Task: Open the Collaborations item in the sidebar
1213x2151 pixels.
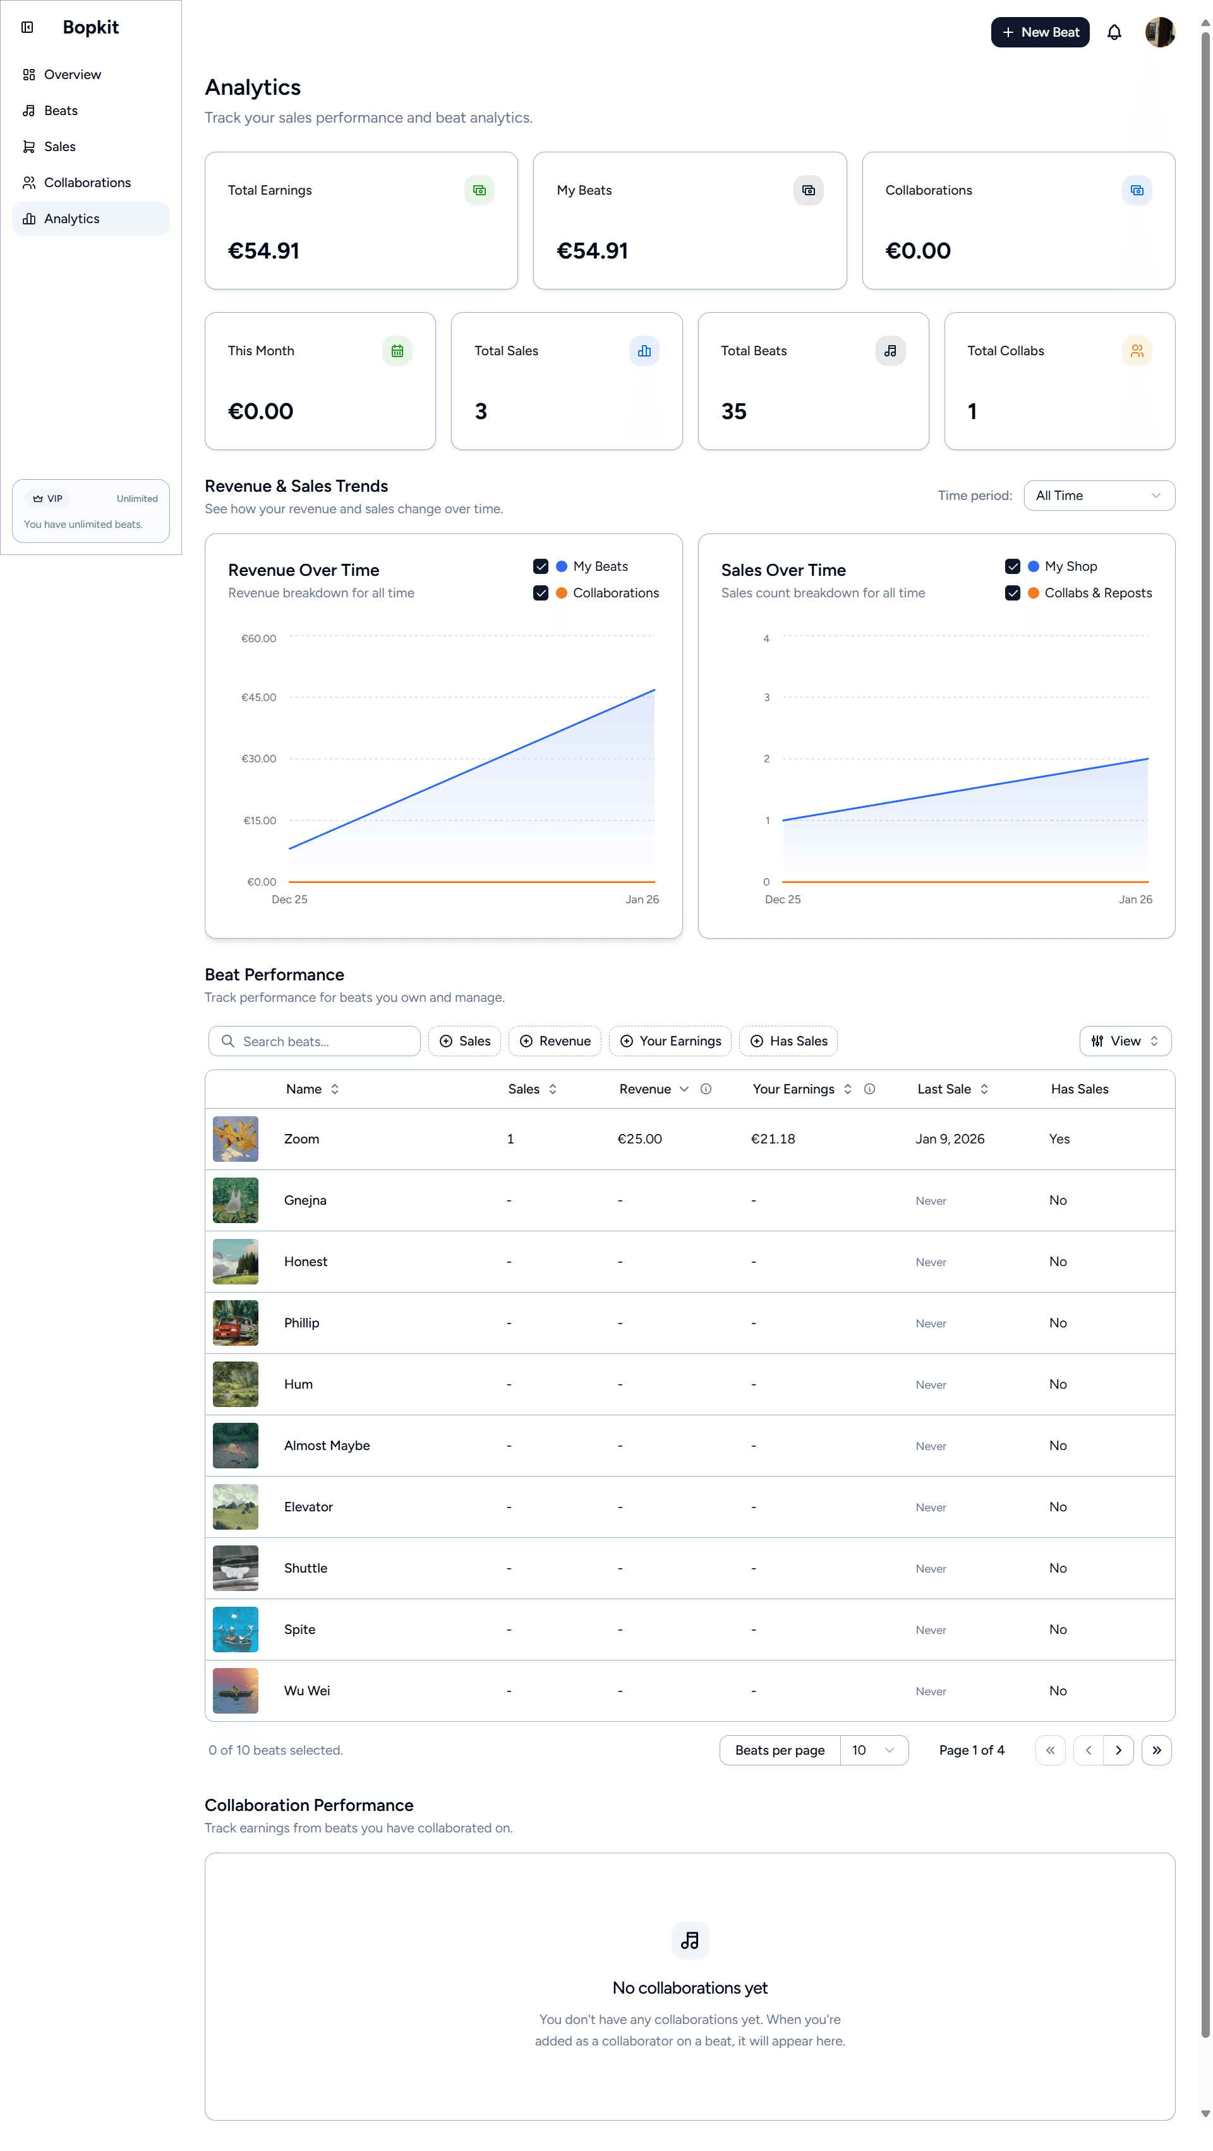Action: tap(87, 183)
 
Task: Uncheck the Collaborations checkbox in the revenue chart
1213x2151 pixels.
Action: tap(540, 594)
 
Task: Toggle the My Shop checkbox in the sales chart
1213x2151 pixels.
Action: tap(1012, 567)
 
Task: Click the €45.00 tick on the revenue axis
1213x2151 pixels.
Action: tap(259, 698)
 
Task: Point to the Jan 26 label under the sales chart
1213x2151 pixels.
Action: tap(1135, 900)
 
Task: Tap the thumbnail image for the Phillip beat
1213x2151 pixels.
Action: tap(236, 1324)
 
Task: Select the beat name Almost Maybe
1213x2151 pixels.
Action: tap(327, 1446)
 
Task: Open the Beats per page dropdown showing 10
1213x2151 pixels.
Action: tap(872, 1751)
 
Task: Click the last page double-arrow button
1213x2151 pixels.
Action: tap(1156, 1751)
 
